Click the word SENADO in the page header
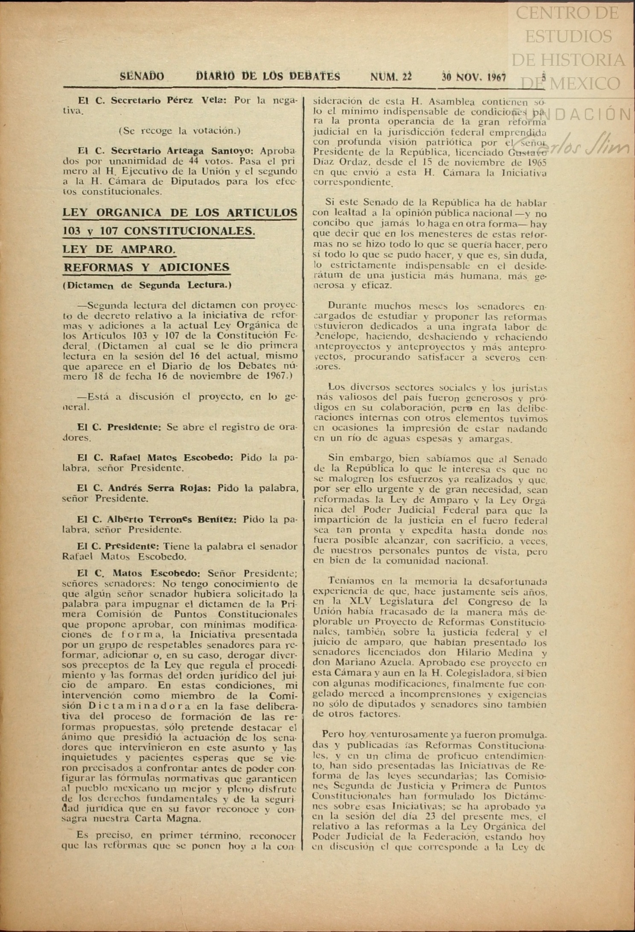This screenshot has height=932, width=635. (x=142, y=76)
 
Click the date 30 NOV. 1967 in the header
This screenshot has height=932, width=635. (x=474, y=77)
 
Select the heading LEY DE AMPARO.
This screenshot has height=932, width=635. (x=119, y=249)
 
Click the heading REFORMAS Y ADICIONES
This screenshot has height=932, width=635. (x=146, y=267)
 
